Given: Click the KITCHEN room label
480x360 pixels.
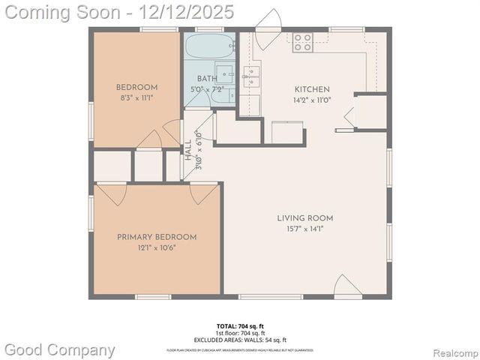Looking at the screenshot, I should pos(311,88).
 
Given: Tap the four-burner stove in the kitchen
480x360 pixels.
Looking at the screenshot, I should pos(302,43).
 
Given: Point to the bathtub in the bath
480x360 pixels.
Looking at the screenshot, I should pos(210,46).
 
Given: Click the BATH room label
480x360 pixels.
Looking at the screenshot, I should pos(207,79).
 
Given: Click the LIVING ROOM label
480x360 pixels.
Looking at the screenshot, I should pos(304,218).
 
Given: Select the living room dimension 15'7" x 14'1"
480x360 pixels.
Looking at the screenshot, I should pos(304,229).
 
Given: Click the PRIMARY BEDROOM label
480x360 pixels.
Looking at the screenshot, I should pos(157,237).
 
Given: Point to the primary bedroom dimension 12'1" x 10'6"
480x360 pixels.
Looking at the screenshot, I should pos(157,247).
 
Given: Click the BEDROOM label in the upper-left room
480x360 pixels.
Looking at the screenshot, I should pos(136,87).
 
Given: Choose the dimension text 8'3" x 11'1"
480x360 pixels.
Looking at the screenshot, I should pos(136,97).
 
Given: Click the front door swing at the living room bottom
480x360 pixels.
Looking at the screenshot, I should pos(347,286).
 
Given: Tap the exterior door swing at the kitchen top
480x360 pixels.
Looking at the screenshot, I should pos(268,21).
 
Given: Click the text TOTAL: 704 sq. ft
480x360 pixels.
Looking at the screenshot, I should pos(240,325).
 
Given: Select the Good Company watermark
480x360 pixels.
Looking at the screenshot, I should pos(60,349).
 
